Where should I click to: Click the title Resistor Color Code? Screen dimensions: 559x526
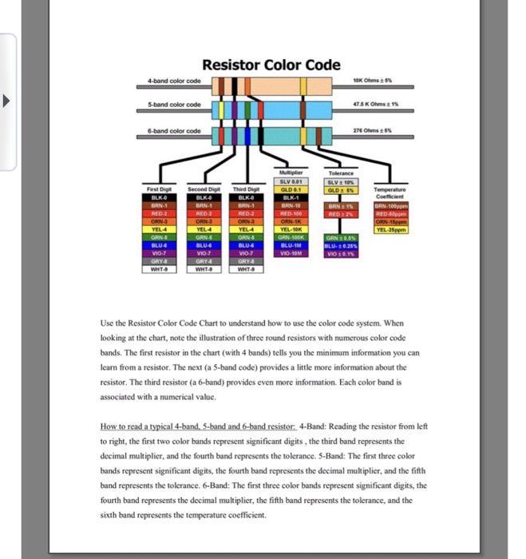pyautogui.click(x=271, y=65)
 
